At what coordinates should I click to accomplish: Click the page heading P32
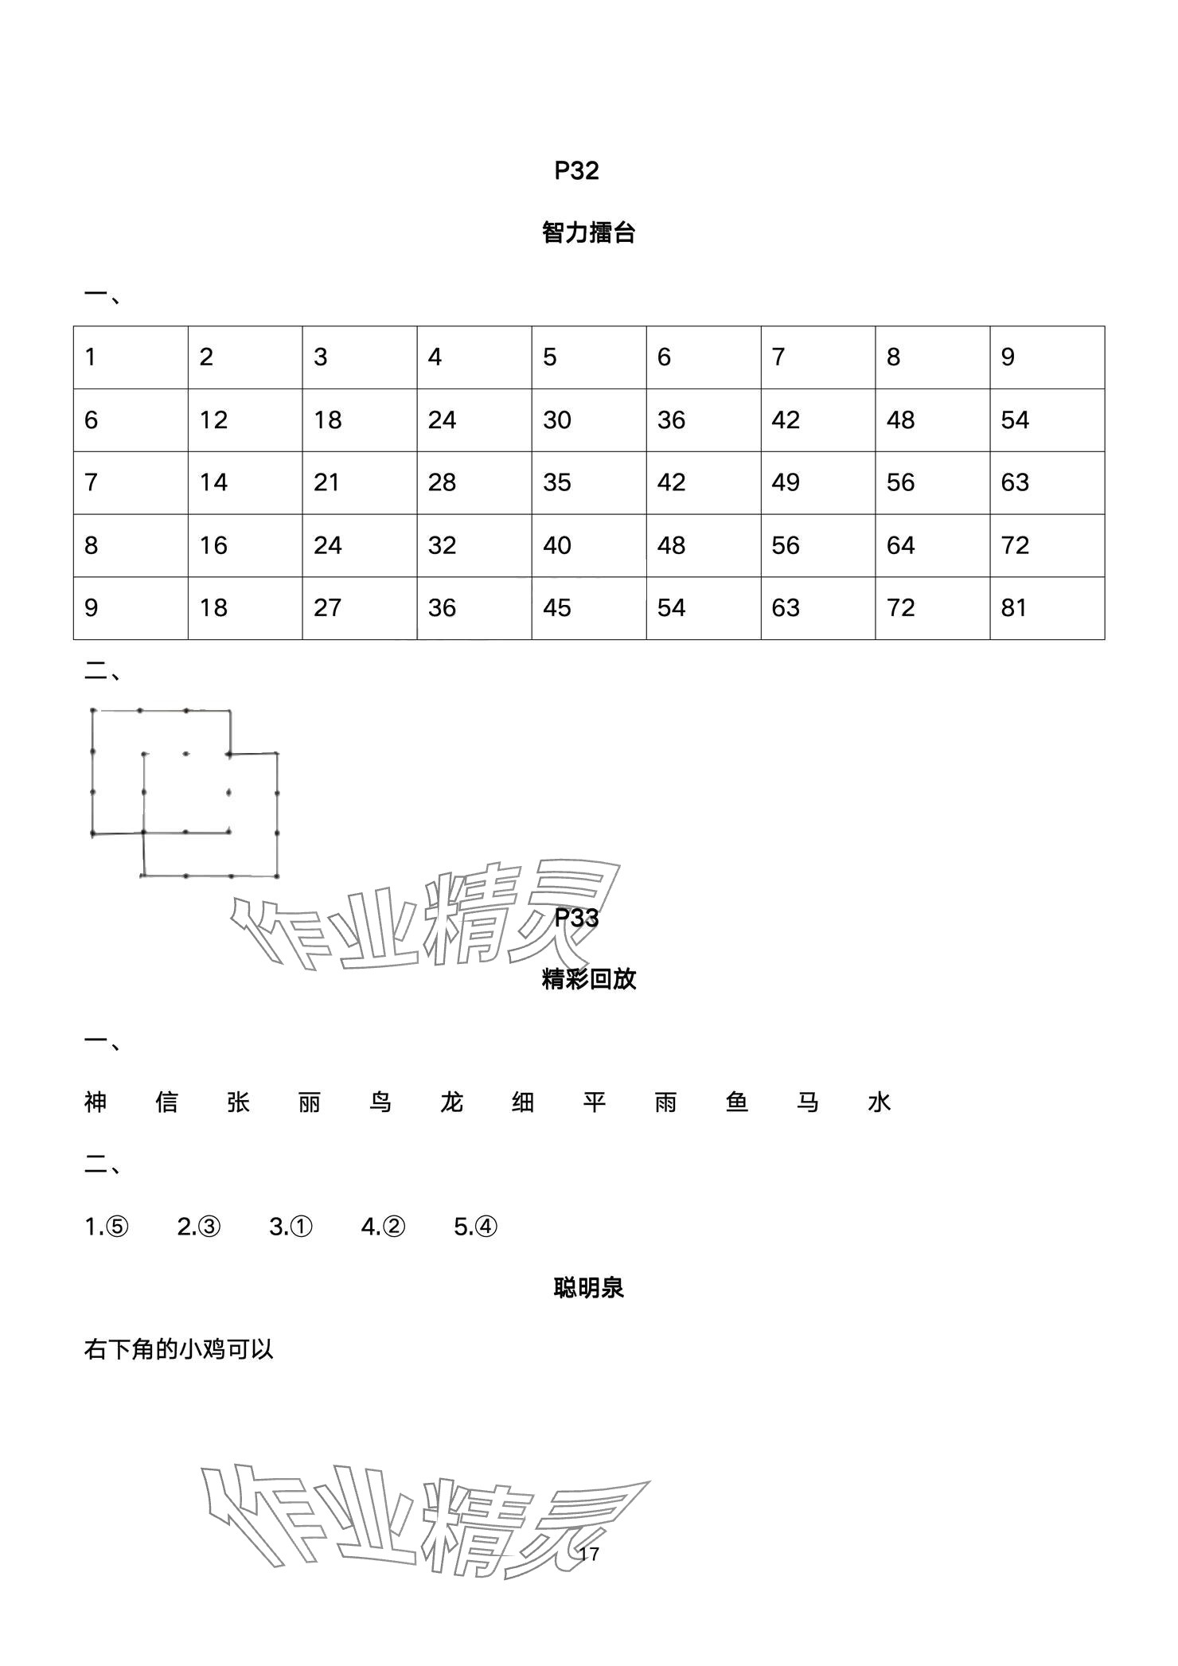pyautogui.click(x=576, y=171)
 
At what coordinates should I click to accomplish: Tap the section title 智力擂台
pyautogui.click(x=588, y=233)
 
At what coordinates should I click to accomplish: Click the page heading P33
pyautogui.click(x=576, y=918)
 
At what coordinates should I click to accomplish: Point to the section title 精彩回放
pyautogui.click(x=588, y=979)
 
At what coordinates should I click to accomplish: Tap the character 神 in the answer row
pyautogui.click(x=96, y=1102)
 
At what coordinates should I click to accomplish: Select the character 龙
pyautogui.click(x=452, y=1102)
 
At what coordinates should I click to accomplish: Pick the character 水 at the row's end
pyautogui.click(x=880, y=1102)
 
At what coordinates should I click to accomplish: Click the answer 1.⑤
pyautogui.click(x=106, y=1227)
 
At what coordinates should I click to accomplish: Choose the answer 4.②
pyautogui.click(x=383, y=1227)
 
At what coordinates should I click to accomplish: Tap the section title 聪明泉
pyautogui.click(x=588, y=1288)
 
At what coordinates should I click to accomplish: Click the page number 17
pyautogui.click(x=589, y=1553)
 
